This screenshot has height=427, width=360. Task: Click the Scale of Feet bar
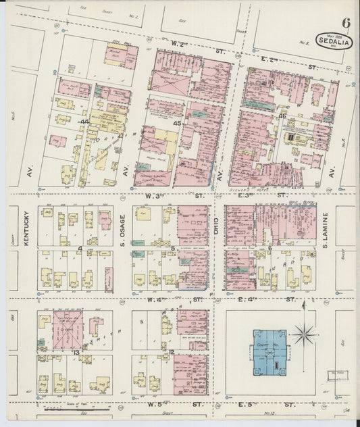click(71, 408)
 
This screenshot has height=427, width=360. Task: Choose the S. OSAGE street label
click(123, 235)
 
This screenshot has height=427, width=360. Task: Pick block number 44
click(84, 122)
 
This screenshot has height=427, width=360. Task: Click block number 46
click(282, 117)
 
